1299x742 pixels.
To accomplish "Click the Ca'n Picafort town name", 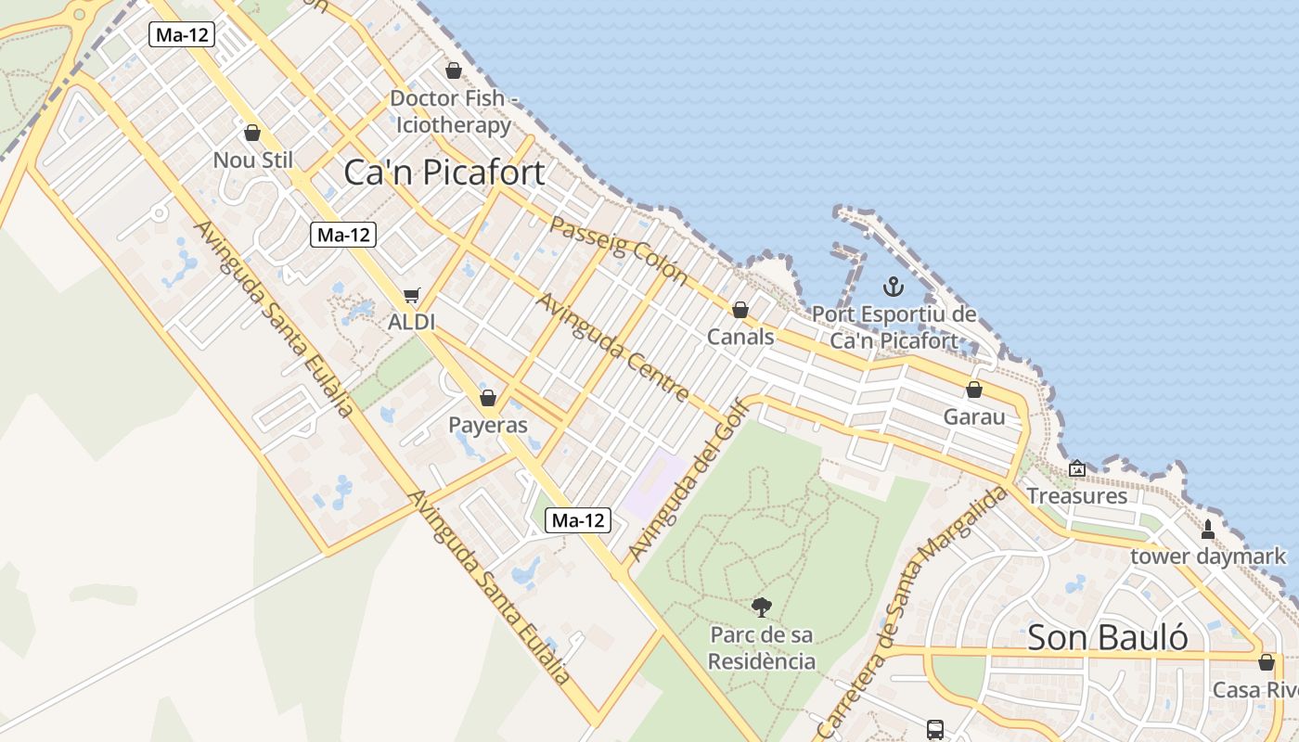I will pos(444,173).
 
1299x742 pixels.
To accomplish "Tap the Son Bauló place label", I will pos(1107,637).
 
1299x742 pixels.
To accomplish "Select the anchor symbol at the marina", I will pos(893,287).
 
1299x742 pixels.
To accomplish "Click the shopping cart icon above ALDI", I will pos(412,296).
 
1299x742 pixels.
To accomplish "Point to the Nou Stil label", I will pos(252,160).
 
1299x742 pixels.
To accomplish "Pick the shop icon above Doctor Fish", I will pos(454,70).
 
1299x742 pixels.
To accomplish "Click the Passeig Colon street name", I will pos(618,250).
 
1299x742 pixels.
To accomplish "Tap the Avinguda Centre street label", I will pos(612,347).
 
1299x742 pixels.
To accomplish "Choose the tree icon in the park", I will pos(762,608).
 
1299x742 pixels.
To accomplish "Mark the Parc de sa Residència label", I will pos(762,648).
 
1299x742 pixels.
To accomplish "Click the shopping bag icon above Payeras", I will pos(487,398).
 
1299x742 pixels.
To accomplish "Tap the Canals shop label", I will pos(740,336).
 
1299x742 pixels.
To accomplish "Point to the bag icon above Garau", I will pos(974,390).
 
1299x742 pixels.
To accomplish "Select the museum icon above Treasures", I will pos(1076,469).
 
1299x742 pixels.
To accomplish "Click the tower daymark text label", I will pos(1208,556).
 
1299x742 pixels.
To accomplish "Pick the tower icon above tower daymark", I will pos(1207,530).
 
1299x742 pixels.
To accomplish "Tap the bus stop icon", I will pos(934,730).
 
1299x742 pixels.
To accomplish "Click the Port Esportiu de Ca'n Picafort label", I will pos(894,327).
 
